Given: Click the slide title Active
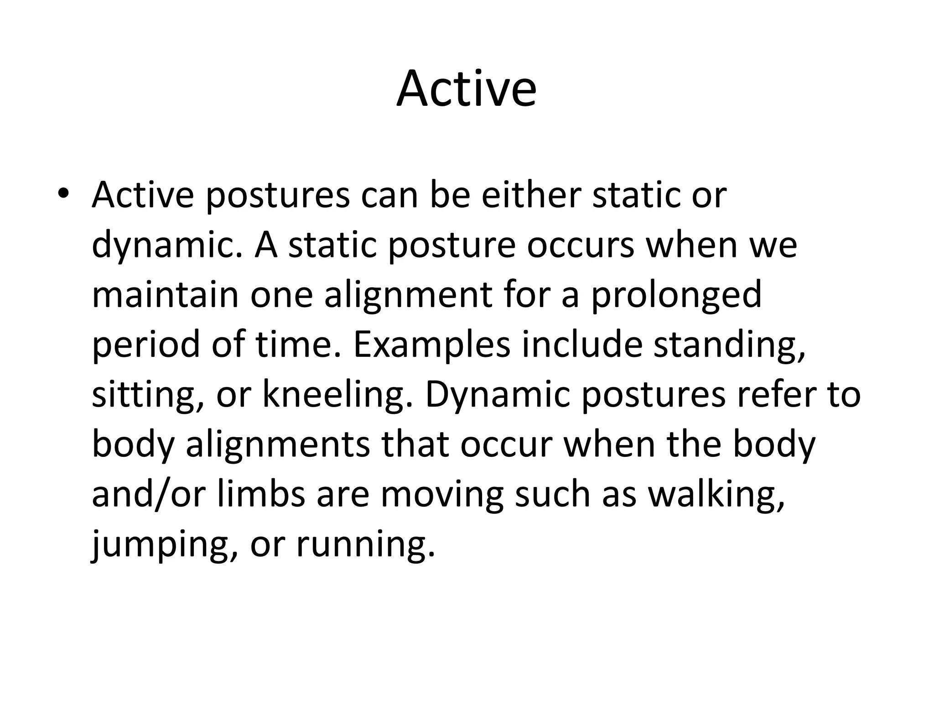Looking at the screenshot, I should (466, 89).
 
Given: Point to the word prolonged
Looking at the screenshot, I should (676, 295).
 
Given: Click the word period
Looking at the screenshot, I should (145, 345).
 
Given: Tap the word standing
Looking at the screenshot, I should (729, 345).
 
